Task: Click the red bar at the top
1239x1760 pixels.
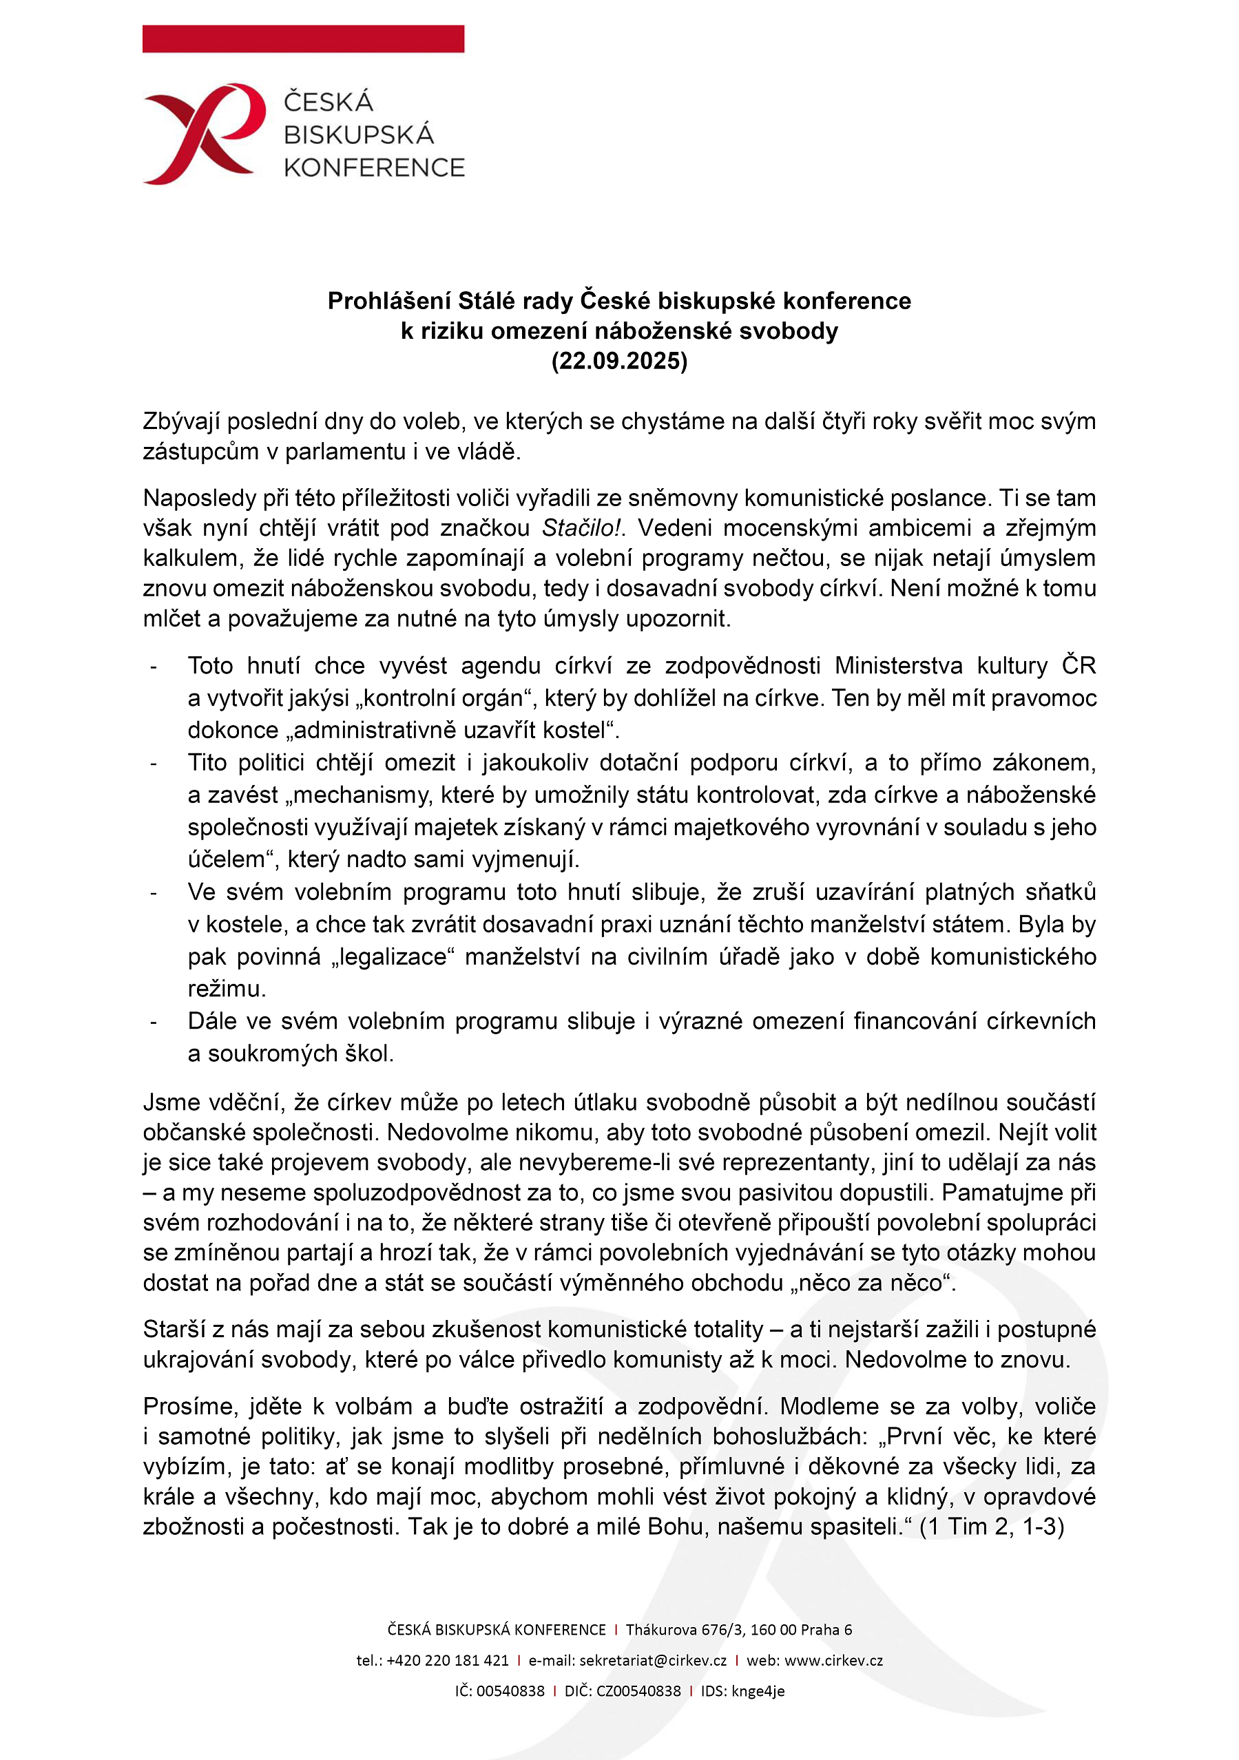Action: tap(303, 39)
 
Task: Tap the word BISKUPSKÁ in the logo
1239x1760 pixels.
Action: tap(358, 135)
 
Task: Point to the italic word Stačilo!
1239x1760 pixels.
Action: tap(581, 528)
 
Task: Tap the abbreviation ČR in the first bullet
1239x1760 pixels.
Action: tap(1078, 665)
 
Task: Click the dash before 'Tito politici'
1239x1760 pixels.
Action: tap(154, 764)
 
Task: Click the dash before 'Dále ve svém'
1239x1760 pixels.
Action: tap(154, 1022)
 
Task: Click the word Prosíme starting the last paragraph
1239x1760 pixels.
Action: tap(189, 1406)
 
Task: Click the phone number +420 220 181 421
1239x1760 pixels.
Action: tap(447, 1660)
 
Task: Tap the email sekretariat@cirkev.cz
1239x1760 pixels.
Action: tap(652, 1660)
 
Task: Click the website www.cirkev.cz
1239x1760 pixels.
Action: tap(833, 1660)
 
